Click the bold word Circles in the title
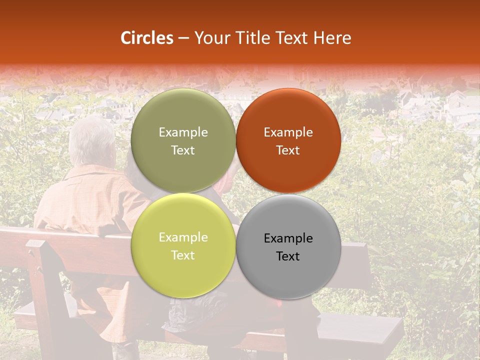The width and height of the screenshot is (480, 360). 147,38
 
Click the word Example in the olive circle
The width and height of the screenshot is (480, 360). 183,132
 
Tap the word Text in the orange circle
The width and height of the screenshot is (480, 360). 288,150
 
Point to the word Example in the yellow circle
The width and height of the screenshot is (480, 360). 183,237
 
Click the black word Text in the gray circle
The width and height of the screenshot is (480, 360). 288,256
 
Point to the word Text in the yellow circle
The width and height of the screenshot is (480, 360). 183,255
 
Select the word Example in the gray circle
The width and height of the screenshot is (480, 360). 288,238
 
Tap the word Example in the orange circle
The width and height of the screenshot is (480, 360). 288,132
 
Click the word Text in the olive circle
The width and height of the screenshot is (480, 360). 183,150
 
